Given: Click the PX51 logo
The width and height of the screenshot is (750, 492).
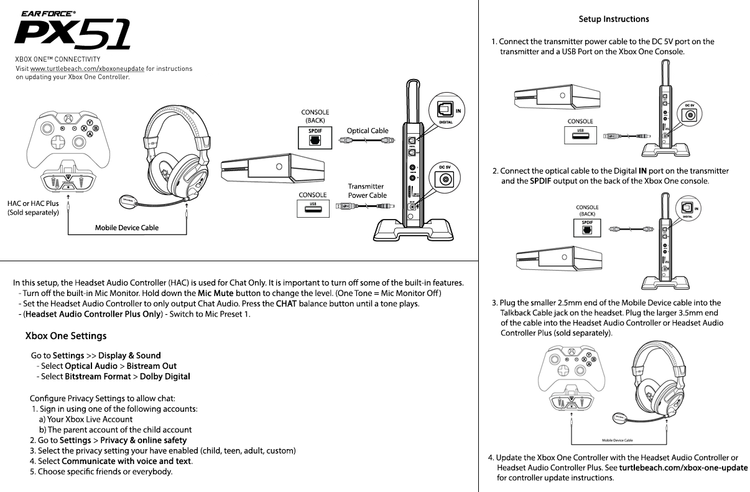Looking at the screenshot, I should (x=73, y=34).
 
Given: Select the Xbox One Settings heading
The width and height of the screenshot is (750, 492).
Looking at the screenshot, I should (x=66, y=336).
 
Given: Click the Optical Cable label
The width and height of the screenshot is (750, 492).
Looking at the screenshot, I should (x=368, y=131).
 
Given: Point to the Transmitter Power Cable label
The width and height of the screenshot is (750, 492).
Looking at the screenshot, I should (x=367, y=190).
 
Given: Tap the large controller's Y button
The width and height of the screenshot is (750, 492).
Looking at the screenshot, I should (x=90, y=123).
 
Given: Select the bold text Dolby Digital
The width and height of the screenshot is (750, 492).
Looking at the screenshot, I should (x=165, y=376).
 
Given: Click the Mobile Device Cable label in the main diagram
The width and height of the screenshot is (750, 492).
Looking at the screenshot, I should (x=126, y=228).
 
